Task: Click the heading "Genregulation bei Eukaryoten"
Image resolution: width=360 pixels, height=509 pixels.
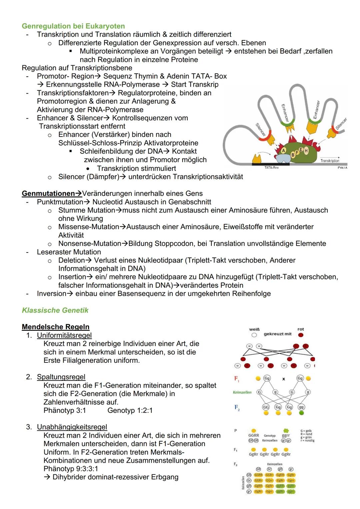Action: [x=73, y=26]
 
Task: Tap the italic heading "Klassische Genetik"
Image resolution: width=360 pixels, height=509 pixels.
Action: [x=55, y=310]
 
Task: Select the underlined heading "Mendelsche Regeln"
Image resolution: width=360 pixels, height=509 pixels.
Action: [x=56, y=327]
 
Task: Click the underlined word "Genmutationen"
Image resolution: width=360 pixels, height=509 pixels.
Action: [x=48, y=194]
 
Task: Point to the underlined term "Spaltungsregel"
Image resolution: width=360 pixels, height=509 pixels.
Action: [x=61, y=377]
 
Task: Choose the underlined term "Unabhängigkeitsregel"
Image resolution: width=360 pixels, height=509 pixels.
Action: [x=72, y=427]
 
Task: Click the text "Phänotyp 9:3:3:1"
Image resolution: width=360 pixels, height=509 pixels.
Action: [x=71, y=469]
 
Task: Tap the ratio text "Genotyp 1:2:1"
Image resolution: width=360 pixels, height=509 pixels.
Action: [x=130, y=410]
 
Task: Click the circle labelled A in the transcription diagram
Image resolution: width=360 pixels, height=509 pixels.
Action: [x=284, y=151]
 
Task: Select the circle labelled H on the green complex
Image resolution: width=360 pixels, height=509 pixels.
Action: [x=306, y=151]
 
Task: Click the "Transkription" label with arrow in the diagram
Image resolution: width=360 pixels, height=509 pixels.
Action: [x=330, y=160]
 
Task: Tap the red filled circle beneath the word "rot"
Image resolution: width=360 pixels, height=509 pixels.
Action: [x=301, y=335]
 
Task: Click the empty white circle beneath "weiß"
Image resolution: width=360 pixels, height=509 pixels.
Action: [x=254, y=335]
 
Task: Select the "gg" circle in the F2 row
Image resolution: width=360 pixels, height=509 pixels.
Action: [x=301, y=407]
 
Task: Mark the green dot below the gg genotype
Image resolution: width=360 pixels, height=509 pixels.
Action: [x=301, y=413]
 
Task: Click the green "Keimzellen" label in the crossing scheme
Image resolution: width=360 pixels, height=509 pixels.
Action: [x=242, y=392]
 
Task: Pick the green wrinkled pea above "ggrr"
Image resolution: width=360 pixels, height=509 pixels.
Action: [x=286, y=431]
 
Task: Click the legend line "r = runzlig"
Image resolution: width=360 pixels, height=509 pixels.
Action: [x=307, y=440]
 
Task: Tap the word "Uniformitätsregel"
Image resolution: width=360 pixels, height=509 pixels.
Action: [x=64, y=335]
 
